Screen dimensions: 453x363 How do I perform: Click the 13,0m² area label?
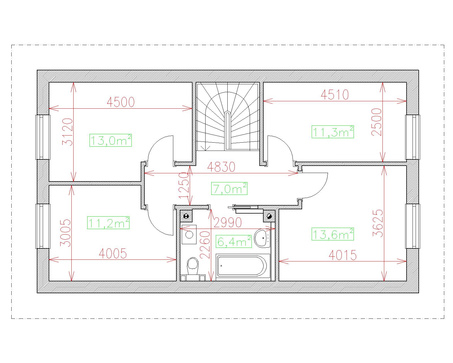[110, 140]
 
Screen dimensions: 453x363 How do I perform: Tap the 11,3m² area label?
[333, 132]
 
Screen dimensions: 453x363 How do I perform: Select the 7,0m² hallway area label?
[229, 188]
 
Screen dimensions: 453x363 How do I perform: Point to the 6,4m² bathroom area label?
[234, 241]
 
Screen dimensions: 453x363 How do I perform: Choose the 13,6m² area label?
[333, 234]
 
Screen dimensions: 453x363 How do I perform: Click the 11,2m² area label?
[108, 223]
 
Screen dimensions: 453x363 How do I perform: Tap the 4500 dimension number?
[121, 102]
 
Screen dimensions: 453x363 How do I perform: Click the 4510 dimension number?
[335, 95]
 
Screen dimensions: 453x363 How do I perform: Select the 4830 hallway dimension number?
[221, 167]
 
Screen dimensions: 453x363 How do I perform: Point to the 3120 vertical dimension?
[68, 132]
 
